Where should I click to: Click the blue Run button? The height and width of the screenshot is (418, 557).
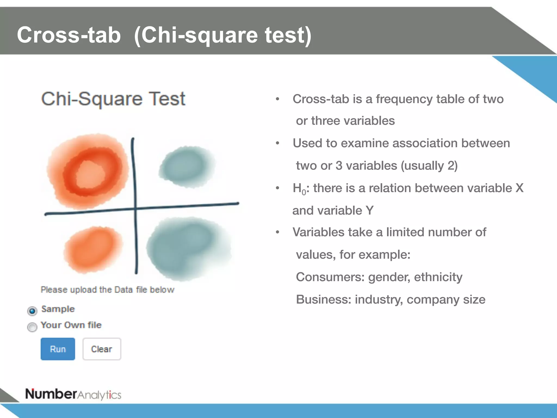pyautogui.click(x=58, y=349)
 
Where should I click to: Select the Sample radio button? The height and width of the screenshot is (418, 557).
pyautogui.click(x=32, y=311)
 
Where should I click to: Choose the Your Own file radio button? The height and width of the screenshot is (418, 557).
pyautogui.click(x=32, y=327)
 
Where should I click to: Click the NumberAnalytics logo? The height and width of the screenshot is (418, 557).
pyautogui.click(x=73, y=394)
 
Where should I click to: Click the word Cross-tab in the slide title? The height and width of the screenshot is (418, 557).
pyautogui.click(x=69, y=35)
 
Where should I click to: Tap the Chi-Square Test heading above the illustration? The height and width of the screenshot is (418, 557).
pyautogui.click(x=113, y=99)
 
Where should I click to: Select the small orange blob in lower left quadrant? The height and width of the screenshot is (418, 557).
pyautogui.click(x=92, y=250)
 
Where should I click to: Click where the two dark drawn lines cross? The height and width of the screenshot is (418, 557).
pyautogui.click(x=135, y=209)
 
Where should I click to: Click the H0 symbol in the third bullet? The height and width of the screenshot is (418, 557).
pyautogui.click(x=299, y=189)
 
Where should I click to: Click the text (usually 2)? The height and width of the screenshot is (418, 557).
pyautogui.click(x=429, y=165)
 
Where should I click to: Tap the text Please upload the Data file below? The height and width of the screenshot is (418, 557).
pyautogui.click(x=107, y=290)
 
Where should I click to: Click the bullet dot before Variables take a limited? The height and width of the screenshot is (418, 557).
pyautogui.click(x=277, y=232)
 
